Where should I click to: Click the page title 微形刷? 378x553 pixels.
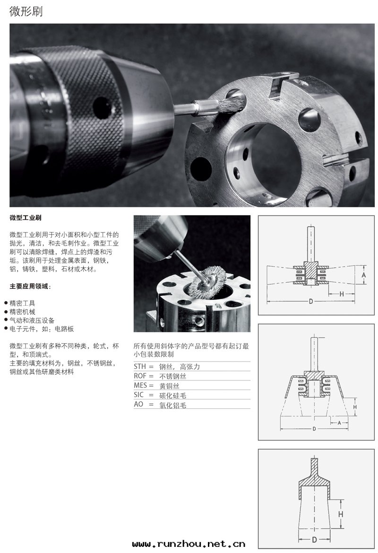point(26,11)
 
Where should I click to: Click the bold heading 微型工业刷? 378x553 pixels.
point(26,217)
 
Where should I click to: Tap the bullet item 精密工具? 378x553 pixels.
point(22,303)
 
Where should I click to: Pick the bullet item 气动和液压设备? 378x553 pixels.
point(32,320)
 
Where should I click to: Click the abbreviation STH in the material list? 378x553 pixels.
point(140,366)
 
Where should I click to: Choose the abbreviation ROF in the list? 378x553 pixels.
point(140,376)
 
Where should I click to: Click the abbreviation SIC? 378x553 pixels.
point(138,395)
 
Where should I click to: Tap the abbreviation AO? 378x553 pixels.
point(138,404)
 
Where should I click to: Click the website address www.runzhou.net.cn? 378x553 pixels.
point(189,544)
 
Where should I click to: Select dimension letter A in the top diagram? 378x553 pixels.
point(364,275)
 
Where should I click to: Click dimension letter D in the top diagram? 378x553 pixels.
point(311,301)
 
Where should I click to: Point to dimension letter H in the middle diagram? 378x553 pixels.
point(355,407)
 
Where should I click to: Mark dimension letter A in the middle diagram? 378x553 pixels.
point(339,423)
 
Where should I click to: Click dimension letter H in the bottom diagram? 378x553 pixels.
point(341,514)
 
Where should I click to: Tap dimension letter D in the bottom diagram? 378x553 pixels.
point(314,539)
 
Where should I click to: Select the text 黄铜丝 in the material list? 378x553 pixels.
point(169,386)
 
